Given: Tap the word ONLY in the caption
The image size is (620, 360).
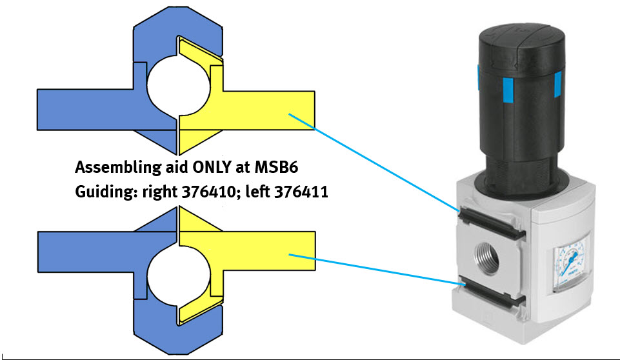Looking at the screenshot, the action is coord(212,167).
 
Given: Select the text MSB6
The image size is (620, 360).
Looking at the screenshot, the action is coord(276,167).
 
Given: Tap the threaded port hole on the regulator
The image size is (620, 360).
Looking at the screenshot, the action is coord(486,258).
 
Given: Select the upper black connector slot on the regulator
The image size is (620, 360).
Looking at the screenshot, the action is coord(492,223).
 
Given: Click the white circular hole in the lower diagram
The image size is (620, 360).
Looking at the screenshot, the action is coord(178,275).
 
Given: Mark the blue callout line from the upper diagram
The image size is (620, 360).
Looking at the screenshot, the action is coord(374,162).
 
